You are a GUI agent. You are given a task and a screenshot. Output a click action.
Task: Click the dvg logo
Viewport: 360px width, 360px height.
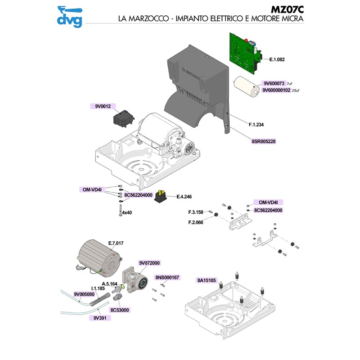pos(70,15)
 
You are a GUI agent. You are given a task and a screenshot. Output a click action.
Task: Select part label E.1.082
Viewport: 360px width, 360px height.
pos(277,59)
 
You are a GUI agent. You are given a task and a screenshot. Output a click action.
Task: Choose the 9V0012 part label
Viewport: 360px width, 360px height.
pos(103,107)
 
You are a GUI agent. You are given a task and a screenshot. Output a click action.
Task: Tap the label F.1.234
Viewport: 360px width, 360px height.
pos(257,124)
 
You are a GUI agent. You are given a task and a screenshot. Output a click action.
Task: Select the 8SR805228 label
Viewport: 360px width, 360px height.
pos(264,141)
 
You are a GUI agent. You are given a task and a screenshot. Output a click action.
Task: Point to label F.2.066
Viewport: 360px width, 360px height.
pos(196,222)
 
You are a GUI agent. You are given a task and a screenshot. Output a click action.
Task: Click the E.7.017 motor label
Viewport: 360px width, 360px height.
pos(116,243)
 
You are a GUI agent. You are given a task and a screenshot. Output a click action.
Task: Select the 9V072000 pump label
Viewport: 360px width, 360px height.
pos(150,263)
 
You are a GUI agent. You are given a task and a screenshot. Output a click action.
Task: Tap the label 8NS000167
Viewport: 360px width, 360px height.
pos(167,277)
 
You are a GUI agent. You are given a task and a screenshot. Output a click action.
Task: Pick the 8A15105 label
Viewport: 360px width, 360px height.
pos(207,280)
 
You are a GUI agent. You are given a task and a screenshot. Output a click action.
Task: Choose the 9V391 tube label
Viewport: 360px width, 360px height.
pos(99,317)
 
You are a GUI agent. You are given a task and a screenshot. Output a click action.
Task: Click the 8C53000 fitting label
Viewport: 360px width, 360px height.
pos(119,310)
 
